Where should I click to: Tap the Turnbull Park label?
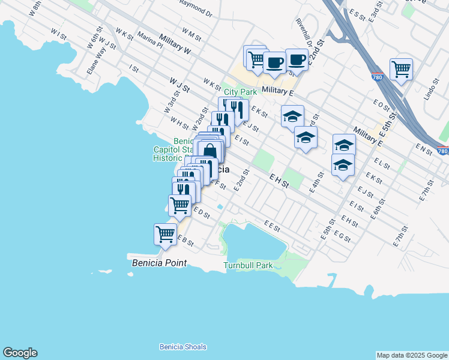tap(248, 265)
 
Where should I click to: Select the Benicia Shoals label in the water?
tap(182, 347)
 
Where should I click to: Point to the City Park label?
tap(241, 92)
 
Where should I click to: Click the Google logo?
tap(20, 353)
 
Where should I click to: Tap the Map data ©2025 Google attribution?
tap(411, 355)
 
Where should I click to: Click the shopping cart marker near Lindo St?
tap(401, 69)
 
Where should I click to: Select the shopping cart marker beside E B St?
tap(165, 234)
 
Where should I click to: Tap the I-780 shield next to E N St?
tap(442, 151)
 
